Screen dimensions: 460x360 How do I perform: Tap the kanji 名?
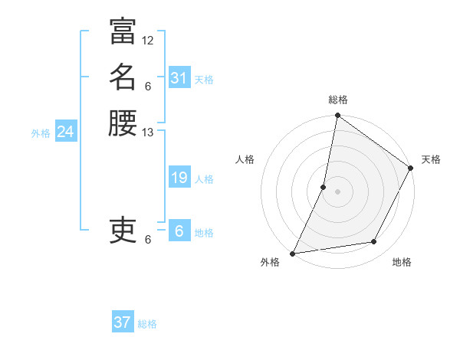[123, 77]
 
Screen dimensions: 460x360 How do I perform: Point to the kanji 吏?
[123, 229]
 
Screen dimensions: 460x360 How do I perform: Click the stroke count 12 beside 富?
[148, 40]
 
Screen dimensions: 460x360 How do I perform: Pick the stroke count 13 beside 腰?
[148, 133]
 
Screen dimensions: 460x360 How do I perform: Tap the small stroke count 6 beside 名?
[148, 86]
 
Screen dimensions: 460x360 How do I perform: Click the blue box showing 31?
[179, 77]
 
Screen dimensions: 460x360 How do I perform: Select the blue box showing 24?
[65, 132]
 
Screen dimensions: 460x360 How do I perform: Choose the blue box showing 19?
[179, 178]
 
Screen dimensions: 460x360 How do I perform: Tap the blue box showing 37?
[123, 322]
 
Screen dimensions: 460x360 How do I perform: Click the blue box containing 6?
[179, 231]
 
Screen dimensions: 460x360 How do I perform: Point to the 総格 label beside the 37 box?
[148, 324]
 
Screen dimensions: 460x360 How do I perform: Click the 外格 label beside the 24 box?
[41, 133]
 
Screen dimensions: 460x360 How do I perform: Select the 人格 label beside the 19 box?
[205, 179]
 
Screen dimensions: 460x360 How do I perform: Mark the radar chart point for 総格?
[337, 116]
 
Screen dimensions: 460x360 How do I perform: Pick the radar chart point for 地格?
[374, 242]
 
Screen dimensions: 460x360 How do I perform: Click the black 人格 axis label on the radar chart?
[245, 159]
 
